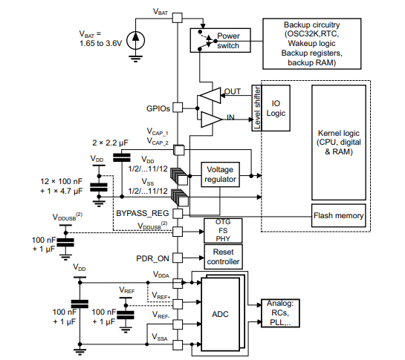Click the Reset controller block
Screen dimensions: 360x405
tap(222, 257)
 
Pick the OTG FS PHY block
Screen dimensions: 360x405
tap(222, 230)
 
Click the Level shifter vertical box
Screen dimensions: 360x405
tap(257, 108)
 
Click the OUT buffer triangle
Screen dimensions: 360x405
tap(210, 95)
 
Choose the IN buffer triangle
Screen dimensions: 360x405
tap(211, 117)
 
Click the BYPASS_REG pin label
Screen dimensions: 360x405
tap(143, 213)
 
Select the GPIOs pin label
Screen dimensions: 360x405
tap(158, 108)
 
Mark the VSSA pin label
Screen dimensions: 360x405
tap(162, 338)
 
